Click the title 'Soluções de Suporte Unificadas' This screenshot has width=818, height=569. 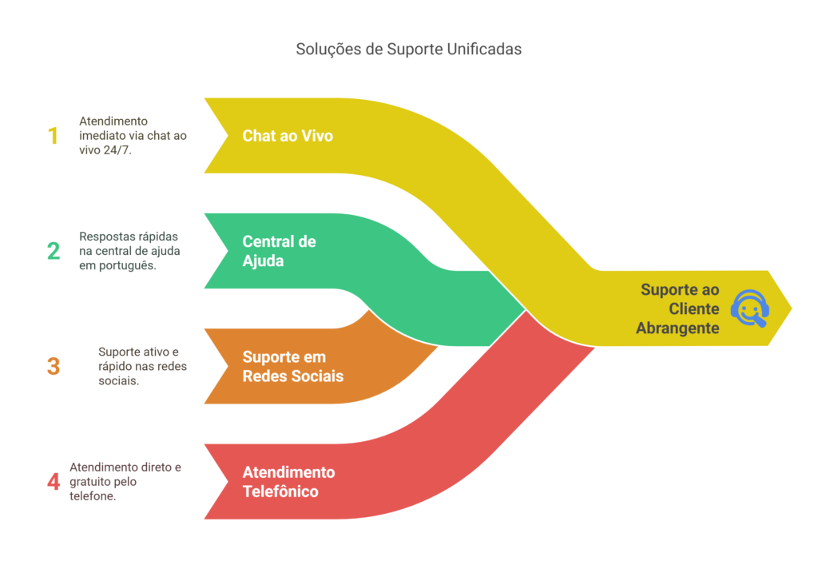tap(408, 49)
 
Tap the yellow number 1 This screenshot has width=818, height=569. tap(54, 136)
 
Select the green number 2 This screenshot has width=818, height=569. tap(54, 251)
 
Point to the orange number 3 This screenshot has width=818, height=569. tap(54, 366)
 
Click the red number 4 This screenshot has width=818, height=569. tap(54, 482)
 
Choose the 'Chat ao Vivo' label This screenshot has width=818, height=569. tap(288, 136)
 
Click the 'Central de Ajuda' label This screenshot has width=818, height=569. tap(279, 251)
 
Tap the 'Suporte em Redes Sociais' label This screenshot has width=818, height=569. tap(292, 366)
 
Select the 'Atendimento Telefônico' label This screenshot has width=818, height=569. tap(288, 482)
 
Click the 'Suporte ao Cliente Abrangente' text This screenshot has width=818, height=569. tap(679, 308)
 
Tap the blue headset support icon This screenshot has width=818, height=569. tap(749, 308)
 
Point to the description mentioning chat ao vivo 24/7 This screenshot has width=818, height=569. tap(133, 136)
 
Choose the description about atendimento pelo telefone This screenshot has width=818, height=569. tap(125, 482)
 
